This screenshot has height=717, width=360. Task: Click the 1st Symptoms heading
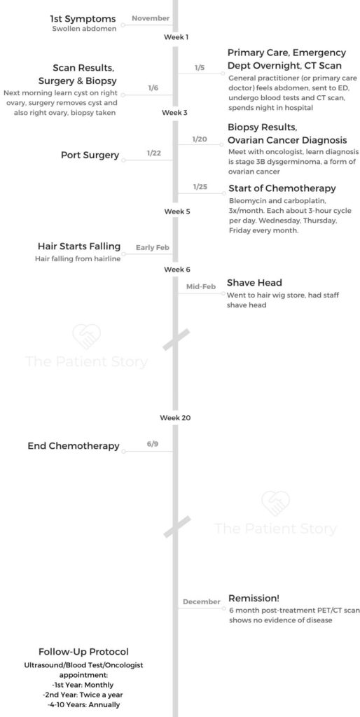[83, 19]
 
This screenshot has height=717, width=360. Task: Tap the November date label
[151, 18]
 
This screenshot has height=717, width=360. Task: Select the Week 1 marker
[176, 37]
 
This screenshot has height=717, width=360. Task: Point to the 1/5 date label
[200, 68]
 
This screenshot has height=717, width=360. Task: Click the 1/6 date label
[153, 88]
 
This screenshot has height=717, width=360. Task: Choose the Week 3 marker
[174, 112]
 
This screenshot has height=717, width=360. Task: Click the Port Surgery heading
[90, 155]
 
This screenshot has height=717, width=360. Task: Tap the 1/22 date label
[153, 153]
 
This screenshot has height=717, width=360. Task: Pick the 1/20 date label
[200, 139]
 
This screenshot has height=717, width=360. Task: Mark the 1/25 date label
[200, 187]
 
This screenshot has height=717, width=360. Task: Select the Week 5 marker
[177, 211]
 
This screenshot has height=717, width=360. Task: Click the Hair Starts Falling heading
[79, 246]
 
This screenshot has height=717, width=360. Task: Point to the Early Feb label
[152, 247]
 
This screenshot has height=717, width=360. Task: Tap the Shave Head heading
[254, 282]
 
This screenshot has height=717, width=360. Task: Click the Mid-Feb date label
[201, 286]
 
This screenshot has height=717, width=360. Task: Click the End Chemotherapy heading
[74, 446]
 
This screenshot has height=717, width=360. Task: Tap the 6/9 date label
[153, 444]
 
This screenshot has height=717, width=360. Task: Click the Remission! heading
[254, 598]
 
